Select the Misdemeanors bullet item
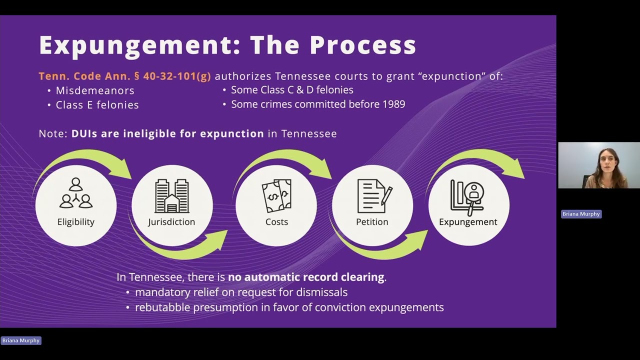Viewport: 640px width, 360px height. point(95,90)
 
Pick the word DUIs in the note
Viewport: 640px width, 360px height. point(84,133)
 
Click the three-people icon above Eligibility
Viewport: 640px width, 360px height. point(76,192)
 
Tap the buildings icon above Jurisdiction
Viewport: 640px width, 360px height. point(171,196)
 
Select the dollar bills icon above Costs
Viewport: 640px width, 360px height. point(276,196)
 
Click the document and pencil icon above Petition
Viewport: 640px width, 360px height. point(375,196)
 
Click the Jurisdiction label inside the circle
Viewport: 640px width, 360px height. point(171,222)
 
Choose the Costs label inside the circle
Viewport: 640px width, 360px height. point(276,222)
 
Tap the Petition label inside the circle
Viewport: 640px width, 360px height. point(372,222)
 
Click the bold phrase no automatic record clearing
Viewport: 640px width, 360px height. point(306,277)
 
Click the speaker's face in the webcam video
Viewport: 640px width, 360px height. point(607,162)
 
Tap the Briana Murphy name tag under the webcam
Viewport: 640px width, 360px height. point(581,214)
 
